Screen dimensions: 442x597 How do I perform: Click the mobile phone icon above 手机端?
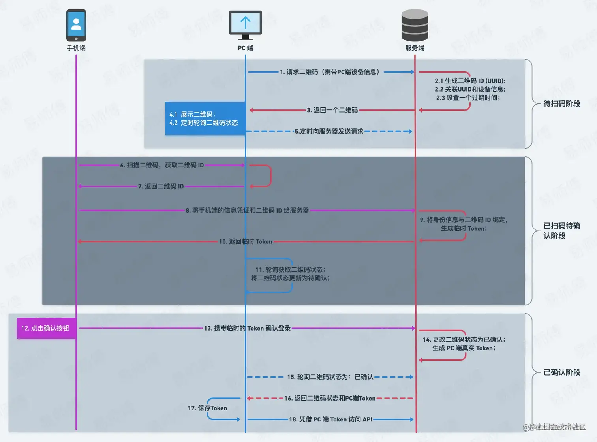pos(76,25)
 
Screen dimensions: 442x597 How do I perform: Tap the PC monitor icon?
pos(245,24)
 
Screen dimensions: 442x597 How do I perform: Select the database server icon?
pos(415,25)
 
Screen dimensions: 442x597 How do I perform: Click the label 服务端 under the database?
pos(415,48)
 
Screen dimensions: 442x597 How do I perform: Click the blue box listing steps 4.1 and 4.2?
pos(205,118)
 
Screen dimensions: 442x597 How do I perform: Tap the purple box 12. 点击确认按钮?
pos(46,328)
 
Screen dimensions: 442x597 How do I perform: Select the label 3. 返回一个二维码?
pos(332,110)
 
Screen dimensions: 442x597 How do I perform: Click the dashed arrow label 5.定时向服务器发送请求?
pos(329,131)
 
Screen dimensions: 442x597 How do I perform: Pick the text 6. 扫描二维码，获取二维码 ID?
pos(162,165)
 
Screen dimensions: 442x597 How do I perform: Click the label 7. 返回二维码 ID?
pos(161,186)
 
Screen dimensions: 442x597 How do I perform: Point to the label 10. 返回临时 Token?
pos(246,241)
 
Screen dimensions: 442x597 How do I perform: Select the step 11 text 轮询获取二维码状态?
pos(290,270)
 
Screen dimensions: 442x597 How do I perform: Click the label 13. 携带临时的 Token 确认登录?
pos(247,328)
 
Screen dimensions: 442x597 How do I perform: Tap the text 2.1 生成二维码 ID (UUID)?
pos(470,81)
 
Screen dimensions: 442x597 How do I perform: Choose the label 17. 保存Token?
pos(207,408)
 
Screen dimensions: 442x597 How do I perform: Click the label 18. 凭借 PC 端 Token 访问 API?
pos(330,419)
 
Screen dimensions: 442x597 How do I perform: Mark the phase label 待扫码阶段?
pos(561,104)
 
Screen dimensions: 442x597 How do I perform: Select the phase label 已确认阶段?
pos(561,372)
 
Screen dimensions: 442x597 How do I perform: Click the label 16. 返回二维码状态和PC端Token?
pos(330,398)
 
